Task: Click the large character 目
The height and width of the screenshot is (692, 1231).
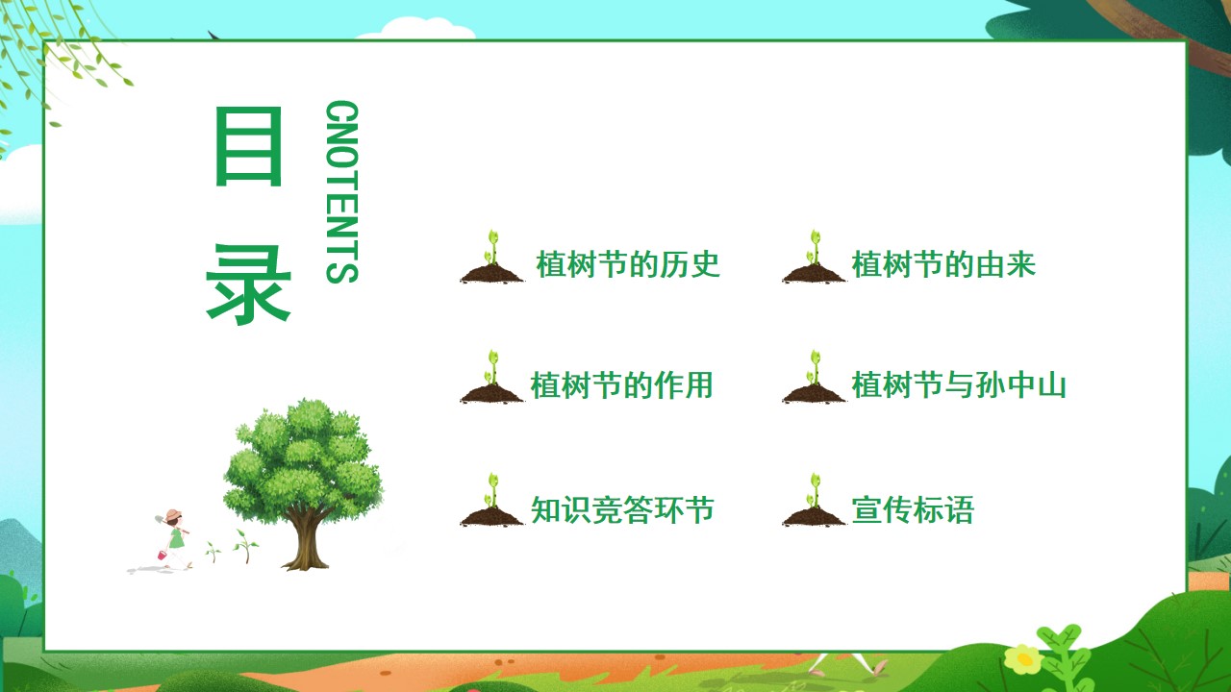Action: click(x=248, y=147)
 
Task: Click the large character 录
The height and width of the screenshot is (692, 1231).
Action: click(x=248, y=284)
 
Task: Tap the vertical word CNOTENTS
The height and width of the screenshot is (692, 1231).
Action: click(x=341, y=191)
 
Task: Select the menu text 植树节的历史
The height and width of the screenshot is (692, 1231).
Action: click(x=628, y=264)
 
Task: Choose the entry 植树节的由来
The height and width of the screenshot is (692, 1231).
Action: click(x=943, y=264)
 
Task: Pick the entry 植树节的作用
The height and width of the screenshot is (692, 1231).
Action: click(x=621, y=385)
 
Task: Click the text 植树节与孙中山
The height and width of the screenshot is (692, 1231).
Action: click(x=959, y=385)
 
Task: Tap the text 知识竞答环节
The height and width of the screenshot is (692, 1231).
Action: click(x=622, y=509)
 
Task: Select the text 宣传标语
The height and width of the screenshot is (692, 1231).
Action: click(x=913, y=509)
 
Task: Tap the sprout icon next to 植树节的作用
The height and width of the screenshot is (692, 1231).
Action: click(x=491, y=378)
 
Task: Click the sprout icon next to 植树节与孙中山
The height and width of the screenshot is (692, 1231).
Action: click(x=814, y=378)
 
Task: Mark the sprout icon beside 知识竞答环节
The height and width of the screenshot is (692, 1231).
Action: click(x=491, y=501)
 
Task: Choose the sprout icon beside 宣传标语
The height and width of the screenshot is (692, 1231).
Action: click(x=814, y=501)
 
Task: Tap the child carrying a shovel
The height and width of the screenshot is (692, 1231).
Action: click(x=174, y=539)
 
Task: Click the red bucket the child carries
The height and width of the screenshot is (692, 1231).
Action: click(x=163, y=556)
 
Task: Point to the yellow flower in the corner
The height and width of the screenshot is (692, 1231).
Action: click(x=1024, y=658)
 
